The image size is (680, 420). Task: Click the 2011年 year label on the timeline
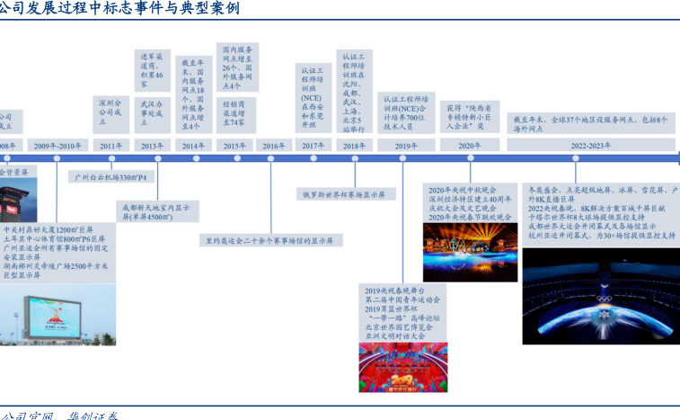pos(112,145)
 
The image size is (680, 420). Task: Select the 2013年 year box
pos(152,145)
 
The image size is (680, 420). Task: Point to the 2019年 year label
pos(405,145)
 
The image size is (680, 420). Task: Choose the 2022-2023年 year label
pos(590,145)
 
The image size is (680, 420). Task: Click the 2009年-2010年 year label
pos(58,145)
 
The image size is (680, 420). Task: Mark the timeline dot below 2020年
pos(470,160)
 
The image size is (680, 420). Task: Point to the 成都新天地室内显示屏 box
pos(157,211)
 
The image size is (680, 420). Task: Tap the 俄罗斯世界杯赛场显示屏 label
pos(343,193)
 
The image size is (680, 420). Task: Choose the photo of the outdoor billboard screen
pos(58,315)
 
